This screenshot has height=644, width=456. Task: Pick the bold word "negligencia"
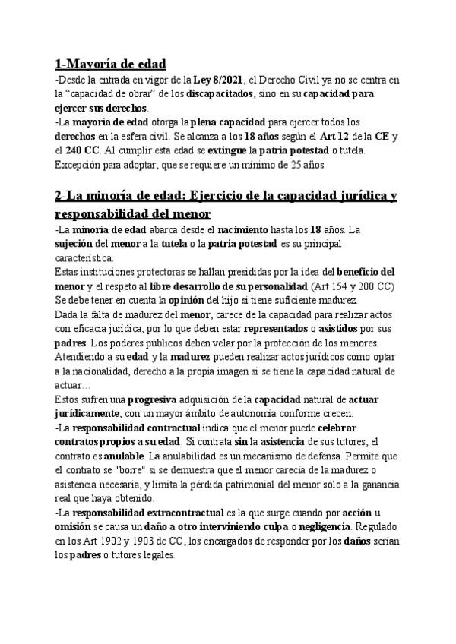tap(322, 526)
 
